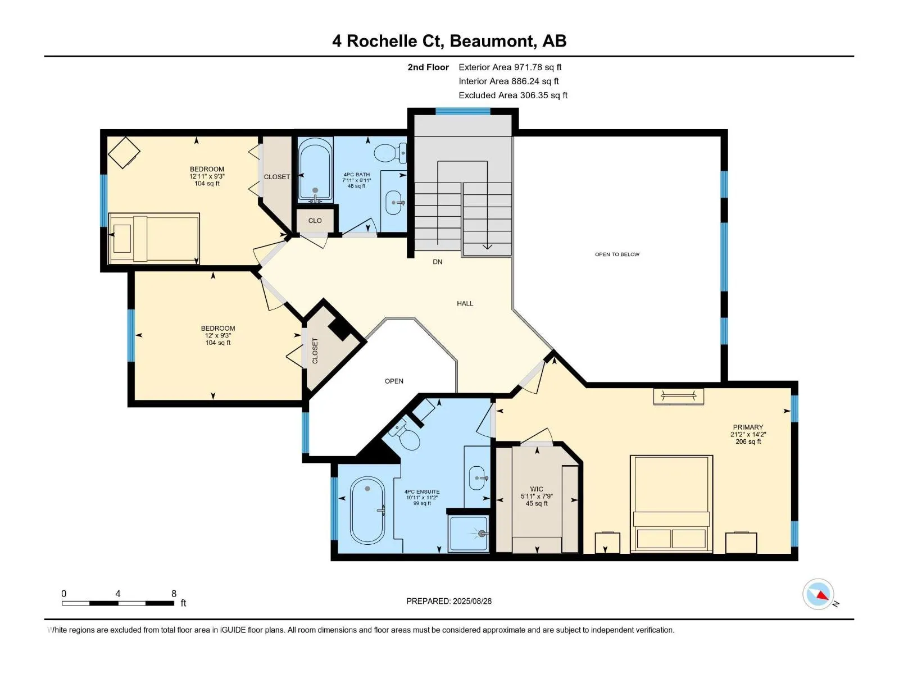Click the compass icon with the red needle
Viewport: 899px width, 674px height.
[818, 594]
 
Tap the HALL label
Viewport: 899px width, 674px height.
[465, 303]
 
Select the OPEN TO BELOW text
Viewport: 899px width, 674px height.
[617, 254]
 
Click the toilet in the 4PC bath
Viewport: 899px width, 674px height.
[390, 153]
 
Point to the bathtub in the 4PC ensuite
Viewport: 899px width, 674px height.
[367, 510]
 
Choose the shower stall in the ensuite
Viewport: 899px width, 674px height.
[469, 533]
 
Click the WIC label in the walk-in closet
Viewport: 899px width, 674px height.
[537, 489]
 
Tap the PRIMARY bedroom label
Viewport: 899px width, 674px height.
[748, 427]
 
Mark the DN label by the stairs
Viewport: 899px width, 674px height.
[437, 262]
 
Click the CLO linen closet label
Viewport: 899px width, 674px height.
[315, 221]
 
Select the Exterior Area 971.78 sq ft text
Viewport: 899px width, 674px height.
[510, 67]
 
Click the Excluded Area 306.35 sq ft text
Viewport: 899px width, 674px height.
[513, 95]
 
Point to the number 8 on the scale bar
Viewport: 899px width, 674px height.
[174, 593]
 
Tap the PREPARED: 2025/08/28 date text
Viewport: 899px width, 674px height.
[449, 601]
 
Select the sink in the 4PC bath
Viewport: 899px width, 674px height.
[394, 202]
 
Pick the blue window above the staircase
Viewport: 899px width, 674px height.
[463, 111]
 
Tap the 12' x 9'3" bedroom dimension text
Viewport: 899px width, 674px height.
[218, 335]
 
